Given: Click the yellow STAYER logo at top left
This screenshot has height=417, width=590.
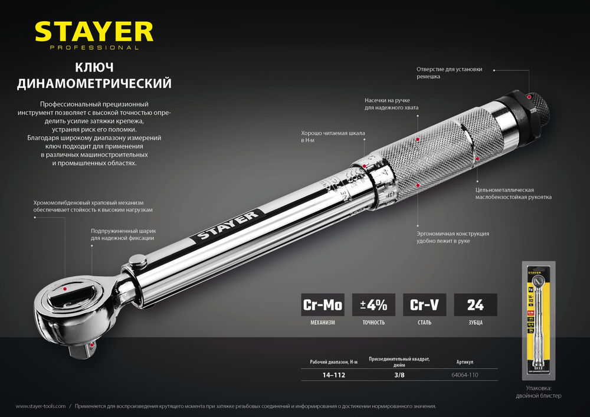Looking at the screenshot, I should click(94, 32).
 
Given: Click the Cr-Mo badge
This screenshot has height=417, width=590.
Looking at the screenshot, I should click(322, 305).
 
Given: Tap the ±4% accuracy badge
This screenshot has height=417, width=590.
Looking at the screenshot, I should click(373, 305).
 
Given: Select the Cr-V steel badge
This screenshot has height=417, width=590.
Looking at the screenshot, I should click(424, 305).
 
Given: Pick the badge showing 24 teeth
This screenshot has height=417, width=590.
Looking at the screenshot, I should click(475, 305).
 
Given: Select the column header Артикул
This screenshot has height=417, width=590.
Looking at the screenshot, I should click(465, 361).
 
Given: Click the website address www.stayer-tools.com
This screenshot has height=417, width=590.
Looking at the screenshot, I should click(41, 406).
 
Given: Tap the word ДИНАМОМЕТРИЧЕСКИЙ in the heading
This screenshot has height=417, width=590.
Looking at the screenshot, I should click(94, 84).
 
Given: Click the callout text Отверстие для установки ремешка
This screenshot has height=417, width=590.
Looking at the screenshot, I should click(449, 73).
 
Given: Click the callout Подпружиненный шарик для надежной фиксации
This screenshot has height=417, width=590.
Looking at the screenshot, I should click(123, 234).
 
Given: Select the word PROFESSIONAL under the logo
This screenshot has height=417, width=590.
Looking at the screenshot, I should click(94, 48).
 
